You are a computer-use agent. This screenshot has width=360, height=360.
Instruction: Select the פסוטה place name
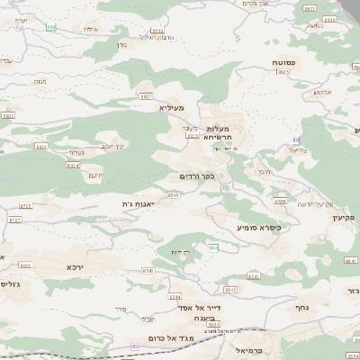(x=286, y=62)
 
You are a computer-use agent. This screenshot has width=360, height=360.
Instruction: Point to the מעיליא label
(x=170, y=107)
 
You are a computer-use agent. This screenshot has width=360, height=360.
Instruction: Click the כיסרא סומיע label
(x=259, y=228)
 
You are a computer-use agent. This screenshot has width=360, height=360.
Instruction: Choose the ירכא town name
(x=76, y=267)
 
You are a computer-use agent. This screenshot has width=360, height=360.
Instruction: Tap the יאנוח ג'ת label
(x=139, y=204)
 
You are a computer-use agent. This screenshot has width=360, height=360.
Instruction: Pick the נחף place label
(x=302, y=307)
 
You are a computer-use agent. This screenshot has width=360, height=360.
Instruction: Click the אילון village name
(x=90, y=30)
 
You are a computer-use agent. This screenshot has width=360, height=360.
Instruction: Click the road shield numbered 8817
(x=146, y=94)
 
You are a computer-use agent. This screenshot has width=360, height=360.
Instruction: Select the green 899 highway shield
(x=51, y=27)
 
